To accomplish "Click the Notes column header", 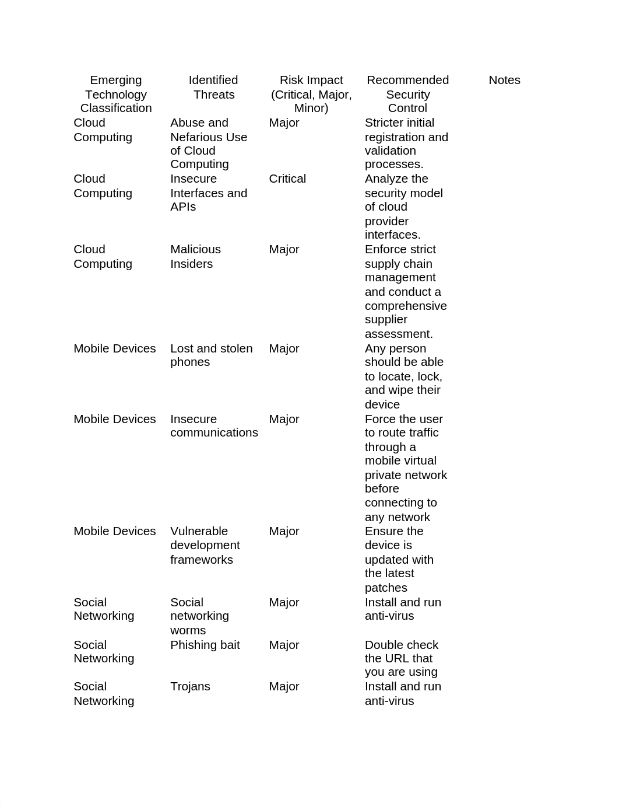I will coord(504,81).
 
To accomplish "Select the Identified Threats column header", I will coord(213,88).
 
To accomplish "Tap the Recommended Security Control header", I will coord(407,94).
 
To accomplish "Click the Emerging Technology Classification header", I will coord(116,94).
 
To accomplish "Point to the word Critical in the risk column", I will coord(287,179).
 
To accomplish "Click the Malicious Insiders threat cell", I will coord(195,257).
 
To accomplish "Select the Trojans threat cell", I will coord(190,687).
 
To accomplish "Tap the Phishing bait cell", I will coord(205,645).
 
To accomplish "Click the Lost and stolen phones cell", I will coord(211,355).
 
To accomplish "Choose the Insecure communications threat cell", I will coord(214,426).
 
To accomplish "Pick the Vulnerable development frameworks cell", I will coord(205,546).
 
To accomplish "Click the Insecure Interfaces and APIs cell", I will coord(208,193).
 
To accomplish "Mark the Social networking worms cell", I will coord(199,616).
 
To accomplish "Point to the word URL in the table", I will coord(399,659).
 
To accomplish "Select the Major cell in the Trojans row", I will coord(284,687).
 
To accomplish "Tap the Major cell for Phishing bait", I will coord(284,645).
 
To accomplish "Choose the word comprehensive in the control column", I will coord(406,306).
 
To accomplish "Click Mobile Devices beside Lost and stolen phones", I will coord(115,349).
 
